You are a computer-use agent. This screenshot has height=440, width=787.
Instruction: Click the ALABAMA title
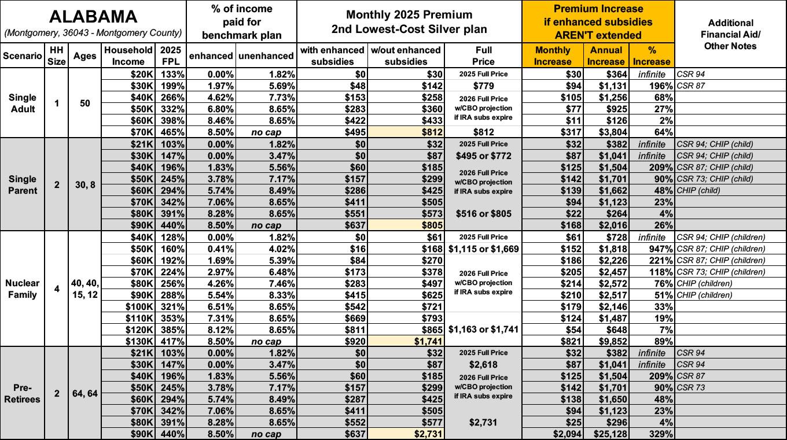93,17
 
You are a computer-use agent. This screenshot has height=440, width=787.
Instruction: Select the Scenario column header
23,56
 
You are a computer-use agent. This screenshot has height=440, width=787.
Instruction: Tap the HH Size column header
57,56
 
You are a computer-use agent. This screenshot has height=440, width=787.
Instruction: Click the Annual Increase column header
606,56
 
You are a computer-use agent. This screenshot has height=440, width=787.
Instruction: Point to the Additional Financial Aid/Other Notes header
730,35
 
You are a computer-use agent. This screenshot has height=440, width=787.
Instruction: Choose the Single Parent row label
23,184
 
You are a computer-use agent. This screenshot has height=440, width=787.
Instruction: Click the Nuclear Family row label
23,289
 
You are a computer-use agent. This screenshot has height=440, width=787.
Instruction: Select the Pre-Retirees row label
23,393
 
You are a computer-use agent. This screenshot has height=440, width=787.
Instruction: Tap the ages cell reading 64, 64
85,394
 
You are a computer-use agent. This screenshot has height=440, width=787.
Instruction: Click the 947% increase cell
660,249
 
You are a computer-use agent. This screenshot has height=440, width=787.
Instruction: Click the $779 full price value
483,86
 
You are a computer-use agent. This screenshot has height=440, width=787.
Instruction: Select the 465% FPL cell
172,132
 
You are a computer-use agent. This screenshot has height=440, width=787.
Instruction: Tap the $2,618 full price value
483,364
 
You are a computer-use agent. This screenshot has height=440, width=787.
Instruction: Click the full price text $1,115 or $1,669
483,249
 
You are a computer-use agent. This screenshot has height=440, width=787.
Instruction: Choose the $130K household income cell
139,341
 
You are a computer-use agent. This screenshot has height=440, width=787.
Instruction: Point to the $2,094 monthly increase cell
568,434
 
